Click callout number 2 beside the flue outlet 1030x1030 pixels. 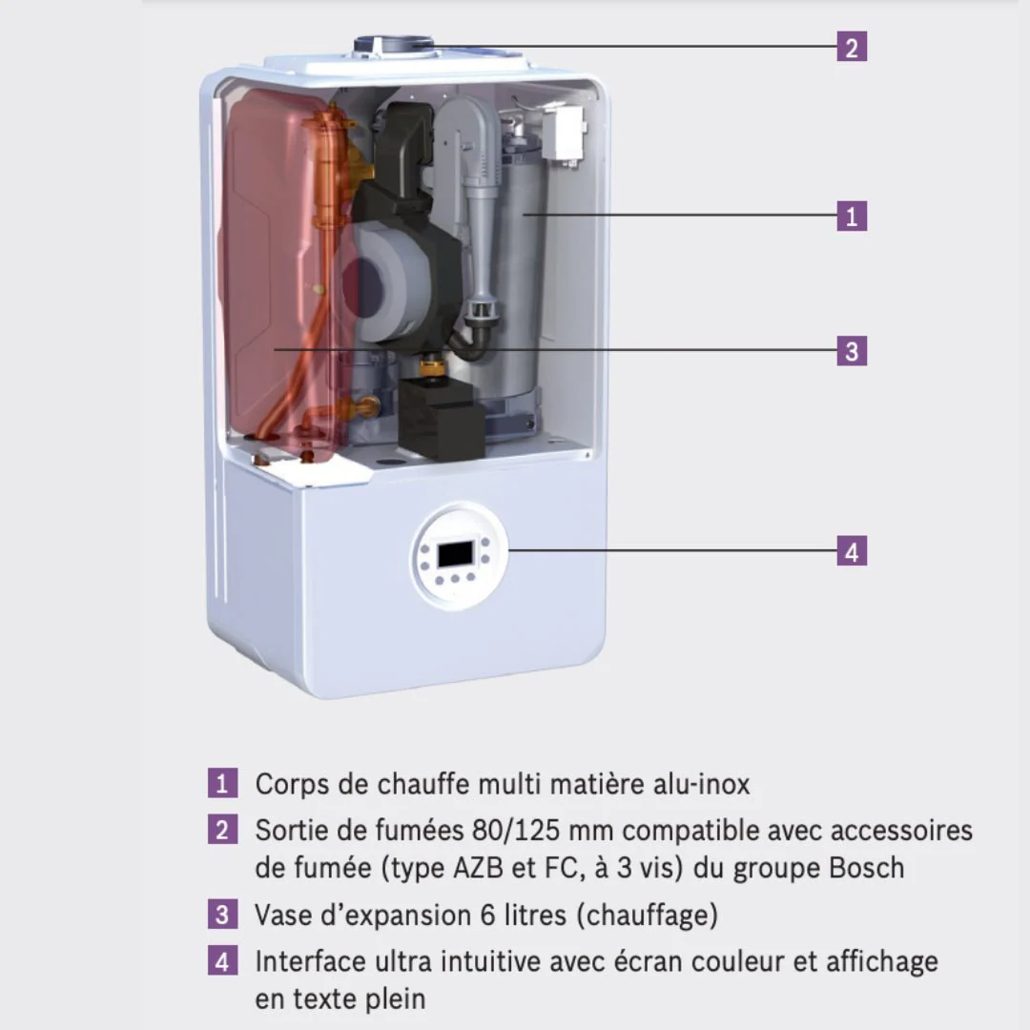coord(852,47)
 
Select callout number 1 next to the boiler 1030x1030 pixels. coord(852,216)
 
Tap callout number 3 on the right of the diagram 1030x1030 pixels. coord(852,351)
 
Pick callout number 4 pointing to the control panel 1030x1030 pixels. coord(852,551)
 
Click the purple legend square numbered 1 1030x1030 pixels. coord(222,783)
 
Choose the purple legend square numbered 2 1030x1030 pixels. coord(222,829)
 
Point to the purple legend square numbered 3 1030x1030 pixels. coord(222,914)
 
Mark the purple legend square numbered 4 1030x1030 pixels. coord(222,960)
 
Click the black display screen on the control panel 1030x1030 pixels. coord(456,554)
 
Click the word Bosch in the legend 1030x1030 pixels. coord(866,868)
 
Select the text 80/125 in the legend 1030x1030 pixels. coord(516,831)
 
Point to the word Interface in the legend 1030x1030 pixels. coord(311,961)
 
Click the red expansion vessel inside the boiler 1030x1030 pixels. coord(282,276)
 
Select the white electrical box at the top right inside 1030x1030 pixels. coord(563,134)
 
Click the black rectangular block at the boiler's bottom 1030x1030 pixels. coord(442,418)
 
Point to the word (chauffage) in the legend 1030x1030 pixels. coord(647,915)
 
